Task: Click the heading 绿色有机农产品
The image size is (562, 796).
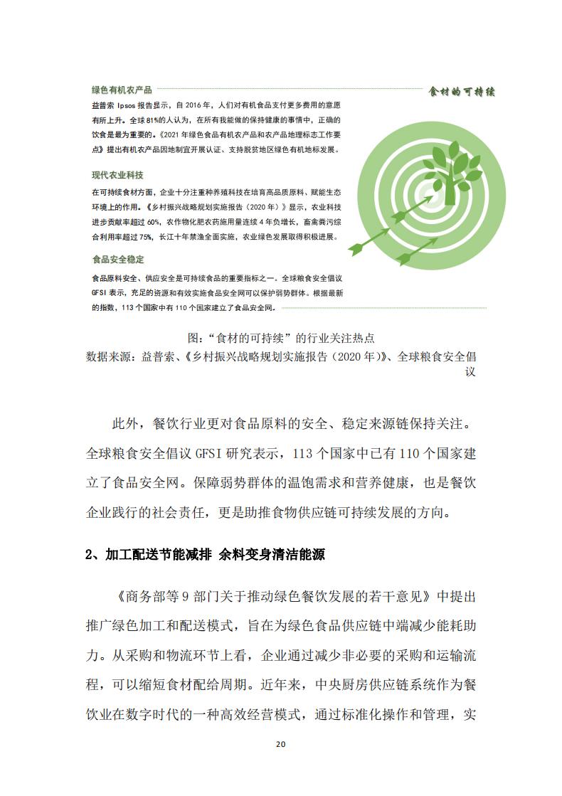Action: tap(122, 90)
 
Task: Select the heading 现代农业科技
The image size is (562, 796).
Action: tap(117, 175)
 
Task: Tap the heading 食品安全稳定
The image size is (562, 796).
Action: tap(117, 260)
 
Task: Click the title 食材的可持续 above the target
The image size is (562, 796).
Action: tap(462, 92)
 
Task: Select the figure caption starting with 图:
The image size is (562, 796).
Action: tap(280, 337)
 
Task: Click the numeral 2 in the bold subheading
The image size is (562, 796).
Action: tap(89, 555)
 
